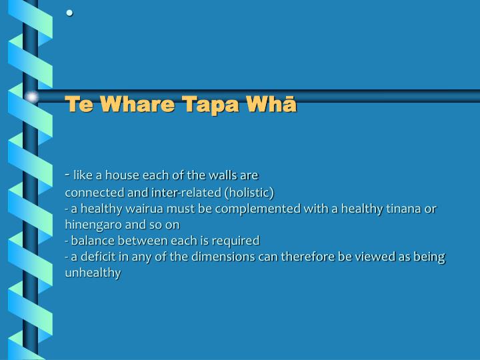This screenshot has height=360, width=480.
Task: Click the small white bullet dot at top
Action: click(x=69, y=13)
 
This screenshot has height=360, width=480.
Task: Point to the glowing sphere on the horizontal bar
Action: click(x=31, y=97)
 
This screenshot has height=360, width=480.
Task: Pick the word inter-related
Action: click(x=187, y=193)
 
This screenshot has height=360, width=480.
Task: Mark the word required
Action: click(x=237, y=240)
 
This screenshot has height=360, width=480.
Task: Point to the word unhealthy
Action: click(x=93, y=273)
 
